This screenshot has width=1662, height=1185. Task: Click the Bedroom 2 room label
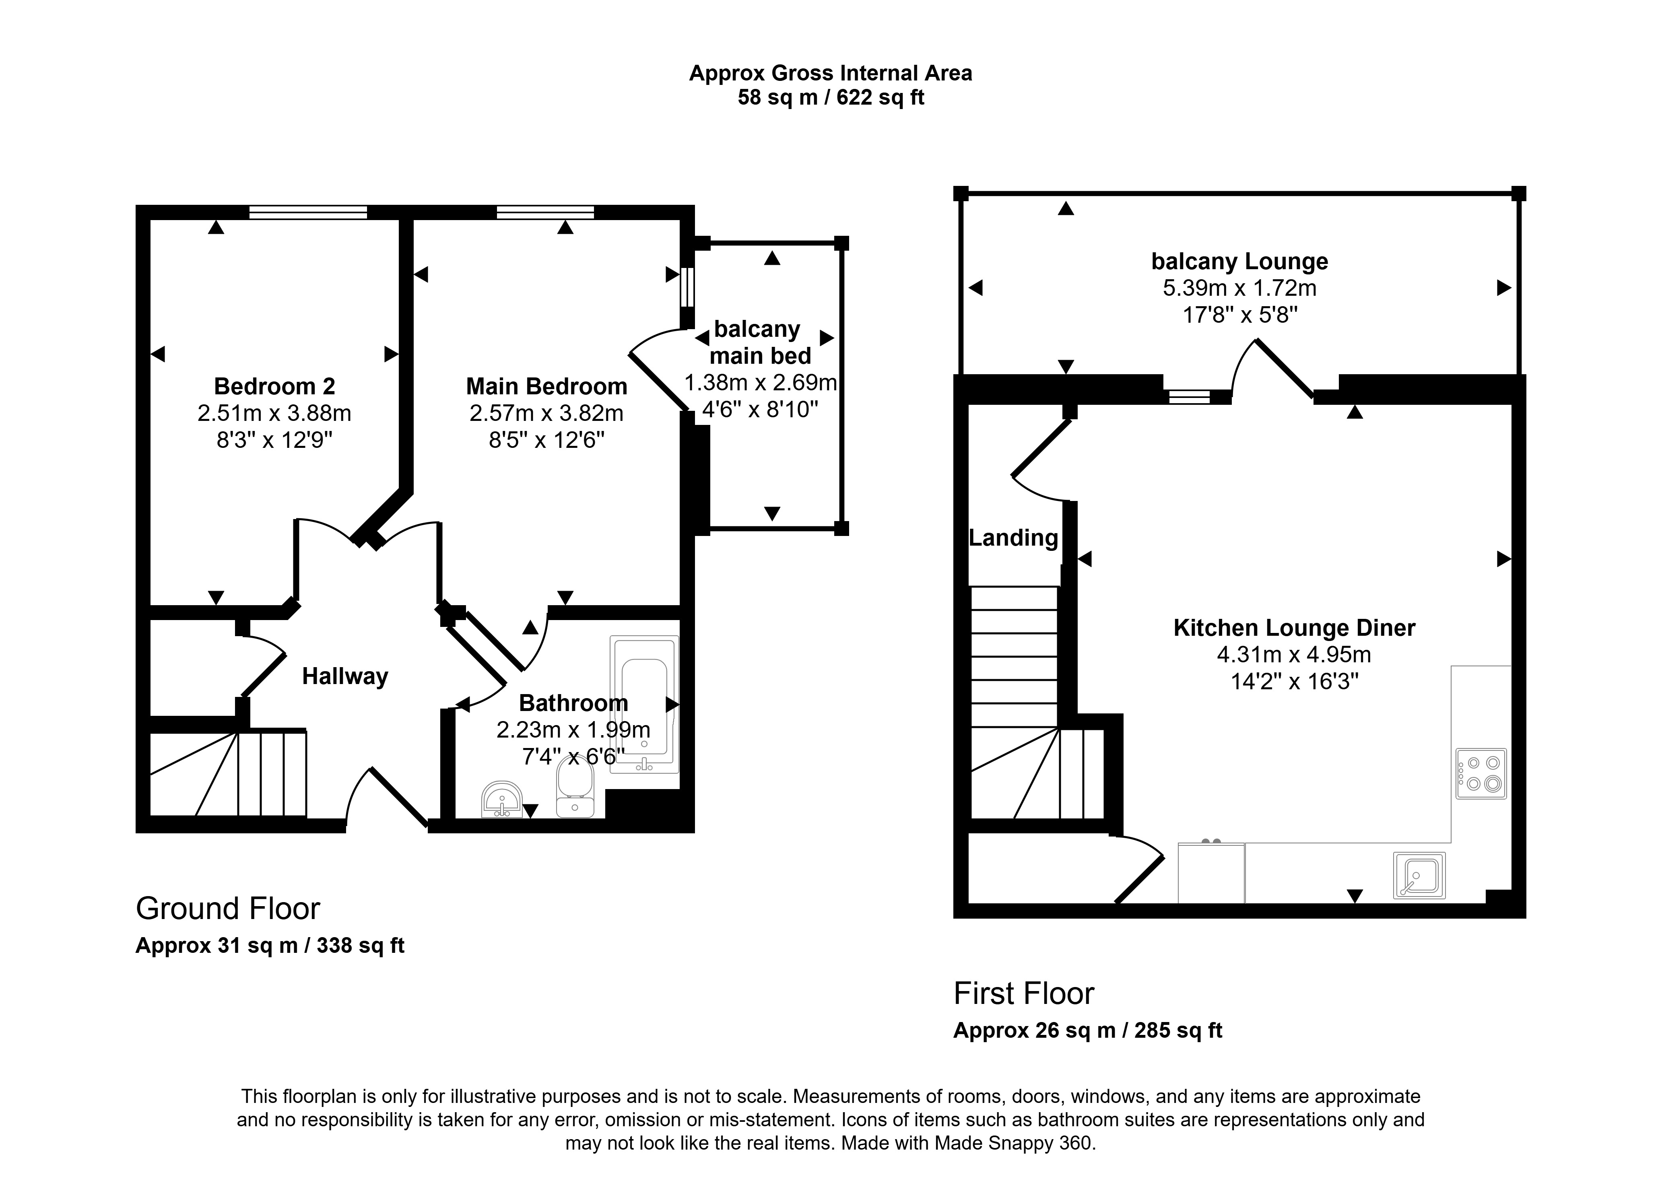[274, 386]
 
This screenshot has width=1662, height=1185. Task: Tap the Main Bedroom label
[546, 386]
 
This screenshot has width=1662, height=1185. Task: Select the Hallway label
[345, 676]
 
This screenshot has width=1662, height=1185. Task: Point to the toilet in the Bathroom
[575, 787]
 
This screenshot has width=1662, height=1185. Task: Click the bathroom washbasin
[502, 800]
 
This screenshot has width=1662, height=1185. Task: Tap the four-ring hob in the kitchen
[1481, 773]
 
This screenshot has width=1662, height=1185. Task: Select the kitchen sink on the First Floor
[1419, 875]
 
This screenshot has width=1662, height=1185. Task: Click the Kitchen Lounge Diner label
[1294, 628]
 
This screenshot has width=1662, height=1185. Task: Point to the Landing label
[1013, 538]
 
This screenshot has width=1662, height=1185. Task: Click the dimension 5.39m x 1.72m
[1239, 288]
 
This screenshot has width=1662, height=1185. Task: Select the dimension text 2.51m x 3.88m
[274, 413]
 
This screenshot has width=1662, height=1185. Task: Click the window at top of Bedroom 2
[308, 212]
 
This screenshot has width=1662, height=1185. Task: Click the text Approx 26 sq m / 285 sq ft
[1088, 1030]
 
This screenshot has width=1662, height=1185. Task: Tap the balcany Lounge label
[1239, 261]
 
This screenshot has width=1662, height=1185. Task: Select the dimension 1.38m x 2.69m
[760, 382]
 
